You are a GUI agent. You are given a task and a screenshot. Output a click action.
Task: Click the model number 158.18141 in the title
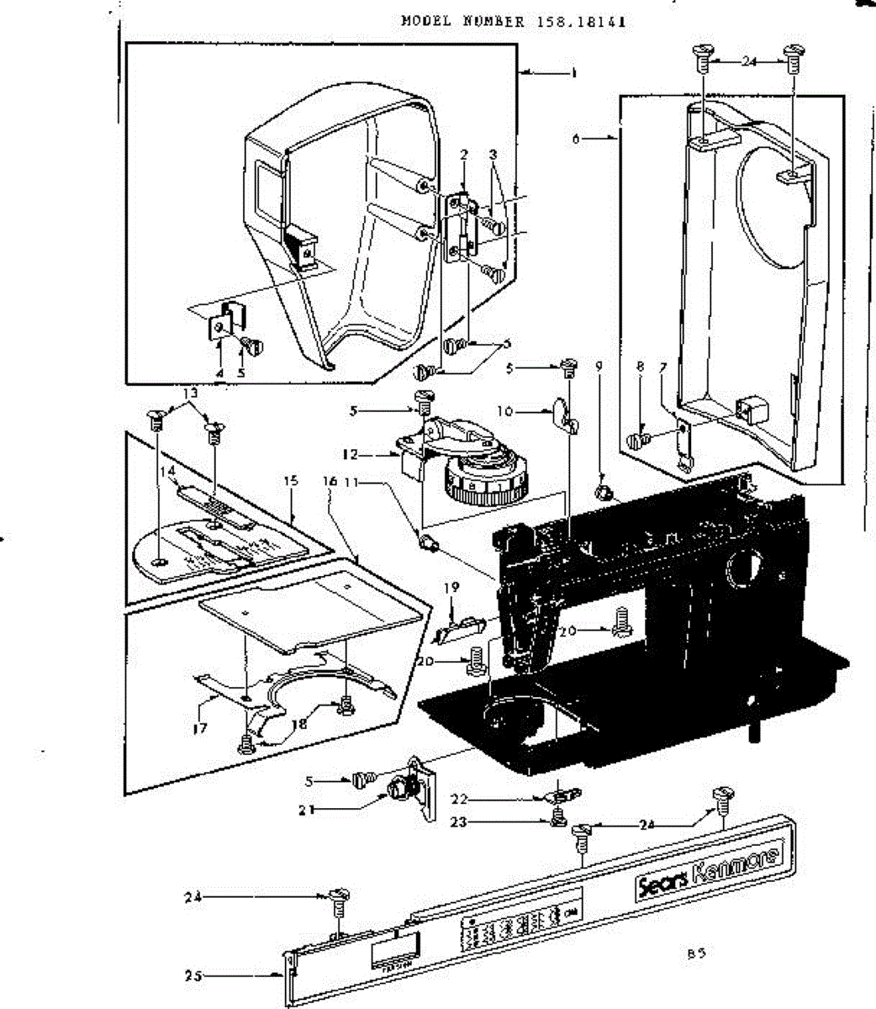[x=579, y=22]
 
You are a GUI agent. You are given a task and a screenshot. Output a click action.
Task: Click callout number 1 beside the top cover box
[x=574, y=74]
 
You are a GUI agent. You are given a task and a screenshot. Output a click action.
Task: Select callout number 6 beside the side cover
[x=576, y=139]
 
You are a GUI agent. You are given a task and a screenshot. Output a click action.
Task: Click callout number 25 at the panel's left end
[x=193, y=976]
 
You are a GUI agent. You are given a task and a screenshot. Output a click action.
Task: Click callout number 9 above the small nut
[x=599, y=367]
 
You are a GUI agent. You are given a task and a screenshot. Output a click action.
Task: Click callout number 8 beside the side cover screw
[x=641, y=367]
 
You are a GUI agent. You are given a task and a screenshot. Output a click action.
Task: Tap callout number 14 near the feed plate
[x=172, y=473]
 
